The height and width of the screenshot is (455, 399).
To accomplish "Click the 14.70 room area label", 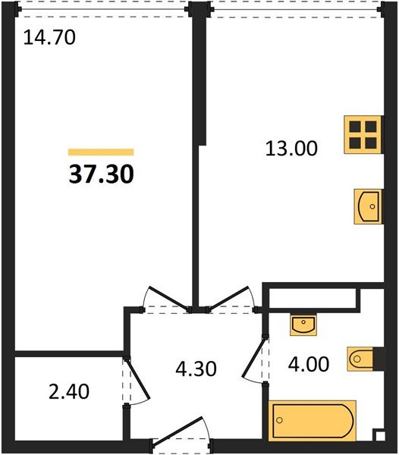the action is pyautogui.click(x=49, y=38).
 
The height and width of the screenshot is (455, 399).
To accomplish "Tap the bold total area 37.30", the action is pyautogui.click(x=102, y=174).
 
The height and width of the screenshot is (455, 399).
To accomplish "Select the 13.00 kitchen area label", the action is pyautogui.click(x=291, y=149).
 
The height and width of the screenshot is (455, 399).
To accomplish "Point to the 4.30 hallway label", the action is pyautogui.click(x=196, y=369).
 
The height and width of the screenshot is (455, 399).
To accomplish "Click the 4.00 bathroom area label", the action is pyautogui.click(x=309, y=364).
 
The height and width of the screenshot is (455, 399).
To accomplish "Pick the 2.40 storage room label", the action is pyautogui.click(x=69, y=391).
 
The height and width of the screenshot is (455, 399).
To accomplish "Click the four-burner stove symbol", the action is pyautogui.click(x=363, y=135).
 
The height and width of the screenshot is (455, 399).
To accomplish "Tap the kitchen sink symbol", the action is pyautogui.click(x=368, y=206).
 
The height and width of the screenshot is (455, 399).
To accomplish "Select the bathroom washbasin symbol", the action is pyautogui.click(x=303, y=325).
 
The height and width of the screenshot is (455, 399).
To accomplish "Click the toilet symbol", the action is pyautogui.click(x=360, y=359).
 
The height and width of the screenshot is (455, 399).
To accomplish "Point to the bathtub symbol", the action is pyautogui.click(x=313, y=420).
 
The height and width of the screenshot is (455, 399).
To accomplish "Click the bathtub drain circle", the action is pyautogui.click(x=280, y=420).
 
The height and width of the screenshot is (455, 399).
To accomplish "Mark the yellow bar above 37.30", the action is pyautogui.click(x=101, y=152).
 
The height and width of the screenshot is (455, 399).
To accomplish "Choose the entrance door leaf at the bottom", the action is pyautogui.click(x=177, y=431).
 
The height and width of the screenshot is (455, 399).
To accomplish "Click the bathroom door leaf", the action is pyautogui.click(x=253, y=357).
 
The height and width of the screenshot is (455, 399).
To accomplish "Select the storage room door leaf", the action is pyautogui.click(x=137, y=378).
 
